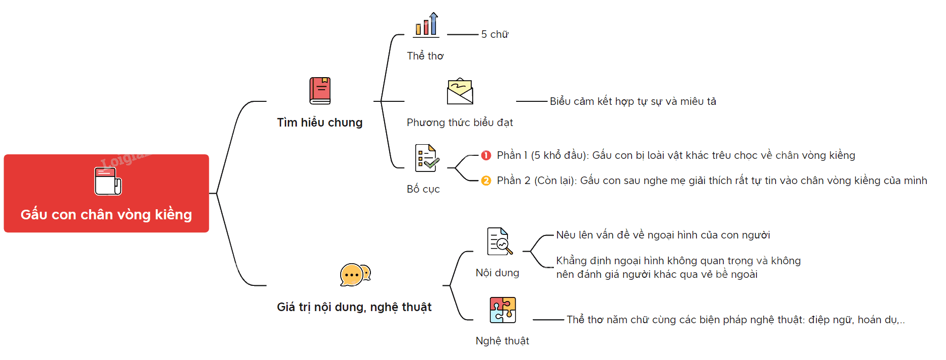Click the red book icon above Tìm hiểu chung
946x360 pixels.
(x=320, y=91)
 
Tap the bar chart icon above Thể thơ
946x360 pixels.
(x=426, y=25)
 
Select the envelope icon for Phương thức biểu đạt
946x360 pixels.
(x=460, y=91)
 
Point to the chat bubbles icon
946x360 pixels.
(x=355, y=275)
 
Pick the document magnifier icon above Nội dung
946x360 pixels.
(x=499, y=241)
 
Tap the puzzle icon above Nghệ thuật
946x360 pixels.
(x=502, y=310)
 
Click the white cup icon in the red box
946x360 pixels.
(x=108, y=182)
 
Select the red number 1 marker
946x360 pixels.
(x=486, y=155)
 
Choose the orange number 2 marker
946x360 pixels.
(x=486, y=181)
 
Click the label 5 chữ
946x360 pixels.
(x=495, y=34)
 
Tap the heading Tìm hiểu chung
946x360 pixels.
(x=320, y=123)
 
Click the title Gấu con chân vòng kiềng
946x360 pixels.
(x=106, y=215)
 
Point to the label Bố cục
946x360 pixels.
(x=423, y=189)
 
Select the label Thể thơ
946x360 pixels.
(x=425, y=56)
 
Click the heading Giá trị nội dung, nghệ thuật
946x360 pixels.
(x=354, y=307)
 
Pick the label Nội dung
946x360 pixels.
(x=497, y=273)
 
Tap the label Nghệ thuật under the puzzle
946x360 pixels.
(x=502, y=341)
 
